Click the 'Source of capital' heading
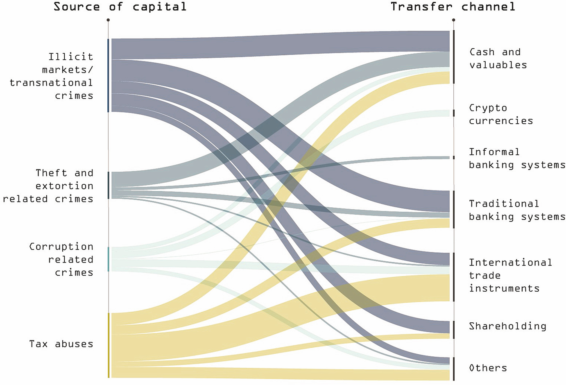[x=120, y=7]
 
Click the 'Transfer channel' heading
[x=453, y=7]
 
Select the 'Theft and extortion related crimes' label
[x=48, y=186]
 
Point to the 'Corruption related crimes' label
[x=61, y=260]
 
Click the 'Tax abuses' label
[x=61, y=344]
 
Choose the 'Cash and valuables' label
[x=498, y=59]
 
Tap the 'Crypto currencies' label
[x=501, y=114]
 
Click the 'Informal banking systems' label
[x=517, y=159]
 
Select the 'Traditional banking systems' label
[x=517, y=210]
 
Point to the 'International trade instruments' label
[x=510, y=275]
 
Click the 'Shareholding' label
[x=507, y=326]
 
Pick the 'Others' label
[x=488, y=368]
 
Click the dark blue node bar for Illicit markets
[x=109, y=75]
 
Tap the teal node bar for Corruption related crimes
[x=109, y=259]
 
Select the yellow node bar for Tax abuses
[x=109, y=345]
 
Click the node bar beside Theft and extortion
[x=109, y=185]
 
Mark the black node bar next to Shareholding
[x=454, y=330]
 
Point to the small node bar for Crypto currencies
[x=454, y=113]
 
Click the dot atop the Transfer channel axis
[x=453, y=20]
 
